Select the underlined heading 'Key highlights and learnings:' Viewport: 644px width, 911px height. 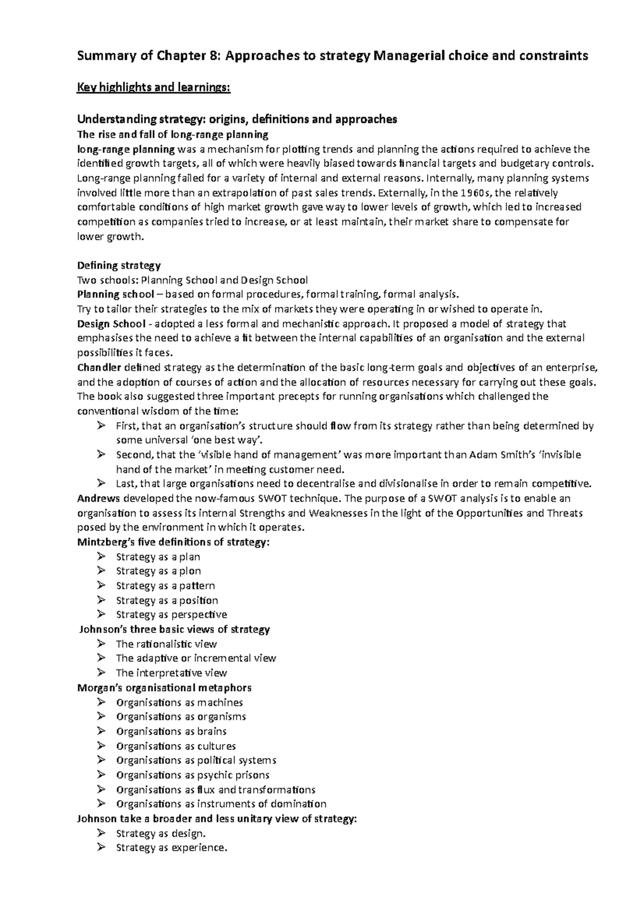click(x=154, y=87)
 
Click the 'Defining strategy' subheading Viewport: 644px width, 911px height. click(x=119, y=265)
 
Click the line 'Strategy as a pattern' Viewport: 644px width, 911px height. click(x=165, y=585)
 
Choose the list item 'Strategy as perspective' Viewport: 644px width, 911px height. click(x=171, y=614)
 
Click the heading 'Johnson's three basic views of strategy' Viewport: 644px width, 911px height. click(x=174, y=629)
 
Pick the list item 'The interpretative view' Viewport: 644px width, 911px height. click(x=171, y=673)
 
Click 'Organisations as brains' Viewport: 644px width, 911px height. click(x=171, y=731)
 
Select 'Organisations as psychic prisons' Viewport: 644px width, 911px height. click(x=193, y=775)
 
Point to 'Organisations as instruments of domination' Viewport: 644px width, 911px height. click(x=221, y=804)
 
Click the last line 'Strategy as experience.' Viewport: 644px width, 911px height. click(x=172, y=848)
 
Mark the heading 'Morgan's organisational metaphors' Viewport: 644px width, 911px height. click(x=164, y=687)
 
